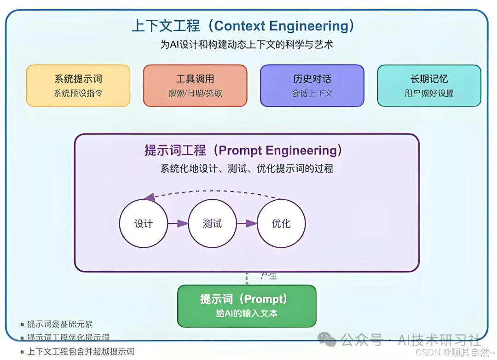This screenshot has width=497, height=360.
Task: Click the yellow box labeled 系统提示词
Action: click(78, 86)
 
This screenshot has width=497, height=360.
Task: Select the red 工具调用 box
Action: click(195, 86)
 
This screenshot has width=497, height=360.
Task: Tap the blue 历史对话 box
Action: click(312, 86)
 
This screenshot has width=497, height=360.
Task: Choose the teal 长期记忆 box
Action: click(429, 86)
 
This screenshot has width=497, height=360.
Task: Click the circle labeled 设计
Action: click(143, 224)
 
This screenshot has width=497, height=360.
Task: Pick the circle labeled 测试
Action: click(212, 224)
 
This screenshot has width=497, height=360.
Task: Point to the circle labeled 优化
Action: click(281, 224)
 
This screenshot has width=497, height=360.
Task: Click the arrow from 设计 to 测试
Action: click(178, 224)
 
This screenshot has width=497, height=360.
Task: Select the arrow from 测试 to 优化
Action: click(246, 224)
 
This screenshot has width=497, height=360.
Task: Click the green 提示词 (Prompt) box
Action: click(247, 306)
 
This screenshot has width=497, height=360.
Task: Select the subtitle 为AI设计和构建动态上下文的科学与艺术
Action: click(246, 45)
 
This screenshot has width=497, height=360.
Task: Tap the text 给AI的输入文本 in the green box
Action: click(247, 314)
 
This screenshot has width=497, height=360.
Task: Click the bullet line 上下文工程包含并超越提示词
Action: click(81, 352)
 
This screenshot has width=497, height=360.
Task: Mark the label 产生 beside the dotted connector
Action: click(269, 276)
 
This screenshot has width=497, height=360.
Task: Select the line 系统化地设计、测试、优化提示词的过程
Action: click(246, 168)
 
